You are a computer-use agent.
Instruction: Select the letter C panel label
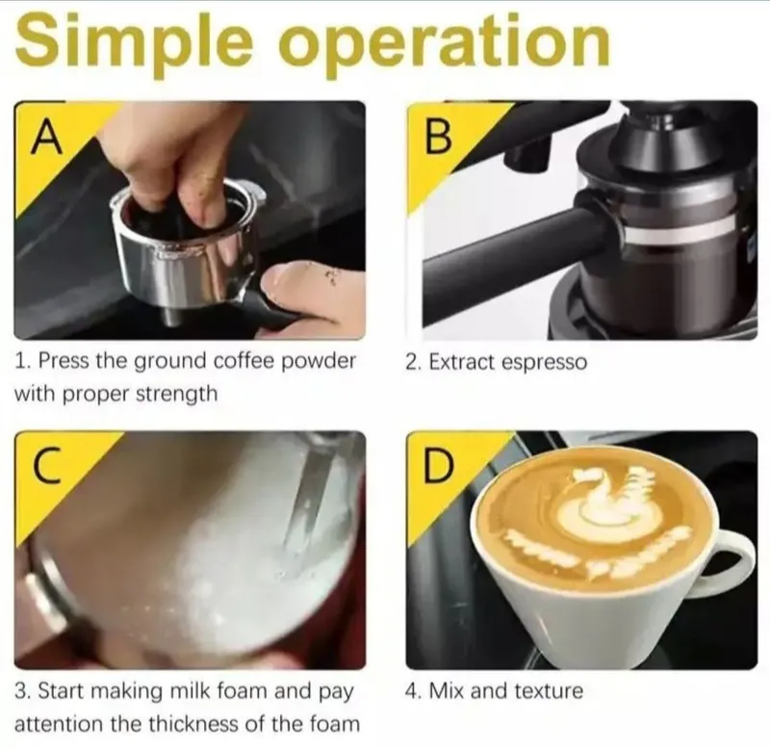tap(47, 467)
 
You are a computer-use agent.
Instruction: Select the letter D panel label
tap(438, 467)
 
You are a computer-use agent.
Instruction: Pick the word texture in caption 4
tap(549, 691)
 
